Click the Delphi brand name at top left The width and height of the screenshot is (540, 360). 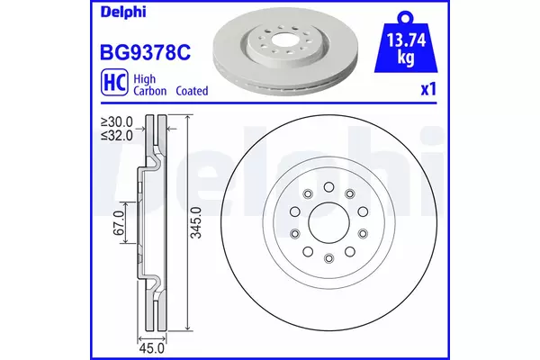tap(123, 12)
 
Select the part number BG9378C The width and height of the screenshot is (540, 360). tap(145, 52)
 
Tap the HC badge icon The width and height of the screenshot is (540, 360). tap(114, 82)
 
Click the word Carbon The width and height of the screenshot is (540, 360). tap(149, 91)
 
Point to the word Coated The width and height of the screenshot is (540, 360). tap(193, 91)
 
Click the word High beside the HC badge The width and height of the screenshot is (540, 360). tap(144, 79)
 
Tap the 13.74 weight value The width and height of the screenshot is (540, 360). tap(406, 40)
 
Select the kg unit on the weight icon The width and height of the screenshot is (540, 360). tap(406, 57)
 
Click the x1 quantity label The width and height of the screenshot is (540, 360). tap(428, 89)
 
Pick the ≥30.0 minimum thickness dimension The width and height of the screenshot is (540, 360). tap(116, 121)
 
